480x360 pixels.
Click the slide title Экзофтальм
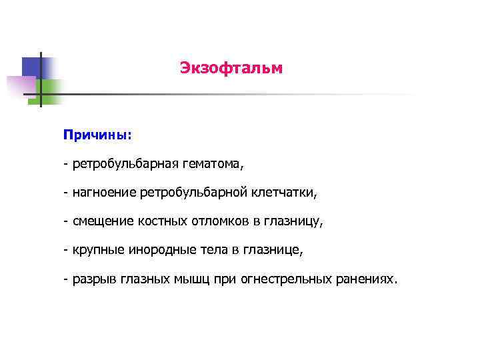[x=231, y=68]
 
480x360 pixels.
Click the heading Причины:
[x=97, y=135]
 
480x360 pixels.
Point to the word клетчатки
[x=285, y=193]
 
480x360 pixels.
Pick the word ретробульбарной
[x=195, y=193]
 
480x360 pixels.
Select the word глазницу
[x=297, y=222]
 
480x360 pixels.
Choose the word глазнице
[x=274, y=251]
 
